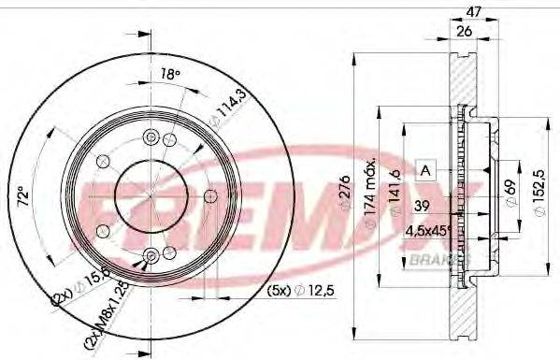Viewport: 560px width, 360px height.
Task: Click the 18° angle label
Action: (x=169, y=75)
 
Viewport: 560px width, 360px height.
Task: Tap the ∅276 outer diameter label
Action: (x=343, y=192)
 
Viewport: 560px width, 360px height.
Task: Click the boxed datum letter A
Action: (x=425, y=170)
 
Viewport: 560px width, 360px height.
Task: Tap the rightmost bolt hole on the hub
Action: (x=211, y=194)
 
